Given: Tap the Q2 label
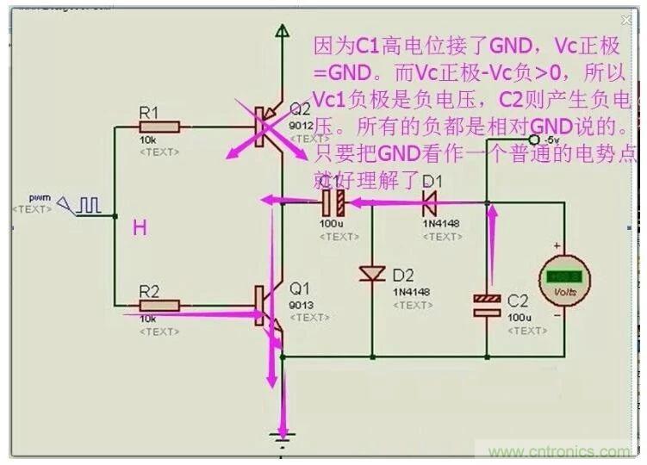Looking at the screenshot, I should (x=300, y=110).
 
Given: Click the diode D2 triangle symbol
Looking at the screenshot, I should (x=372, y=274).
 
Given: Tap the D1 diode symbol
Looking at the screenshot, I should (x=427, y=203).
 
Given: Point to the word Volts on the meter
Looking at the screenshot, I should (x=564, y=292).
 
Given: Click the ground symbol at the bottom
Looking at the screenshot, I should (x=280, y=435).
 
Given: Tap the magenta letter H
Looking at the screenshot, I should (x=140, y=228).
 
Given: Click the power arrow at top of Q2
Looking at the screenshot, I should (x=282, y=32).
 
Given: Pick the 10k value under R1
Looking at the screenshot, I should (x=146, y=140).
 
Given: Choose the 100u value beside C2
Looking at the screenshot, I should (x=519, y=318).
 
